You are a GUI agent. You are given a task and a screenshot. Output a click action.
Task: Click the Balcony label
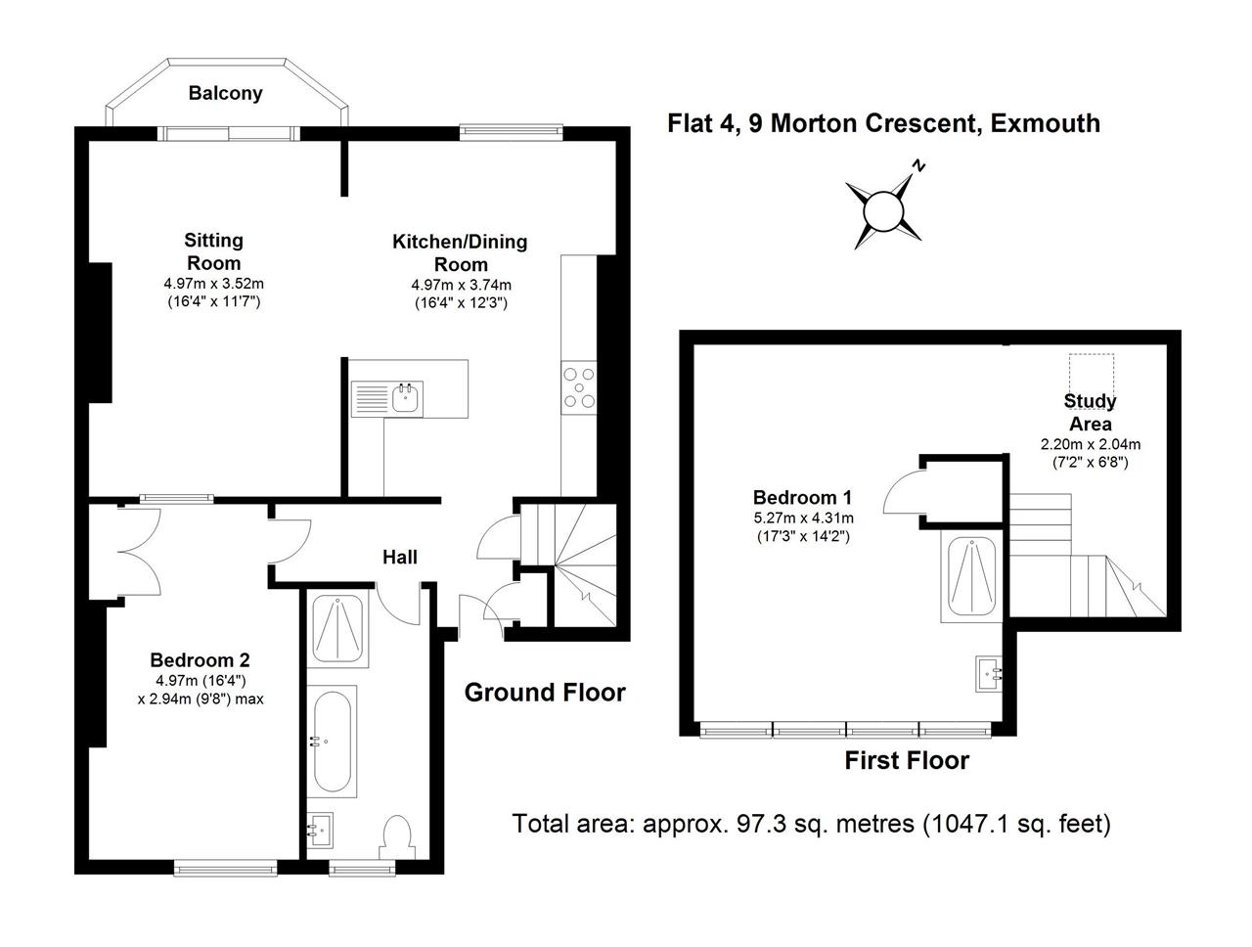225,92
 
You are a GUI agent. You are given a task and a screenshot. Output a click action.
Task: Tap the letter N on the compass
917,165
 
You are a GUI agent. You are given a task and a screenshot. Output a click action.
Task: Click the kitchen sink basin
406,399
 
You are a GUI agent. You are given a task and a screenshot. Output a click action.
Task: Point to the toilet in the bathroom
397,836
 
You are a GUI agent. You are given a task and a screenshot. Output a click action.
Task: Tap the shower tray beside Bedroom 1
971,578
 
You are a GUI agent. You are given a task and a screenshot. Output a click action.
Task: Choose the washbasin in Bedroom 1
988,674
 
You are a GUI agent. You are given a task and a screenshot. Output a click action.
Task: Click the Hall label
399,557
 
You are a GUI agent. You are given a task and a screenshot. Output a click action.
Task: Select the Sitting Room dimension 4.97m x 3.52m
213,283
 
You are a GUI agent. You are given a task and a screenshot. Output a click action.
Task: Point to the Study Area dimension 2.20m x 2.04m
1090,443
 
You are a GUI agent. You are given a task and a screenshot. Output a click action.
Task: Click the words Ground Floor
545,692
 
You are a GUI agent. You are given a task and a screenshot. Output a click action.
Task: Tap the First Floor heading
907,760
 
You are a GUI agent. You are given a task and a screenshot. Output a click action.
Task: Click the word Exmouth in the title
1045,123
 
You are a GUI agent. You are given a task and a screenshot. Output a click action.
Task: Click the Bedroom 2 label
200,660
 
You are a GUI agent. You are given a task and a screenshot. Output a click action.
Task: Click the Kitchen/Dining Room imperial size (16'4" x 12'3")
461,302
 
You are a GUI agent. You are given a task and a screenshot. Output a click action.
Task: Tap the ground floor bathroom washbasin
320,830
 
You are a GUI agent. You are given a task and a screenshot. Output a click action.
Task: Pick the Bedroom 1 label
802,497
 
